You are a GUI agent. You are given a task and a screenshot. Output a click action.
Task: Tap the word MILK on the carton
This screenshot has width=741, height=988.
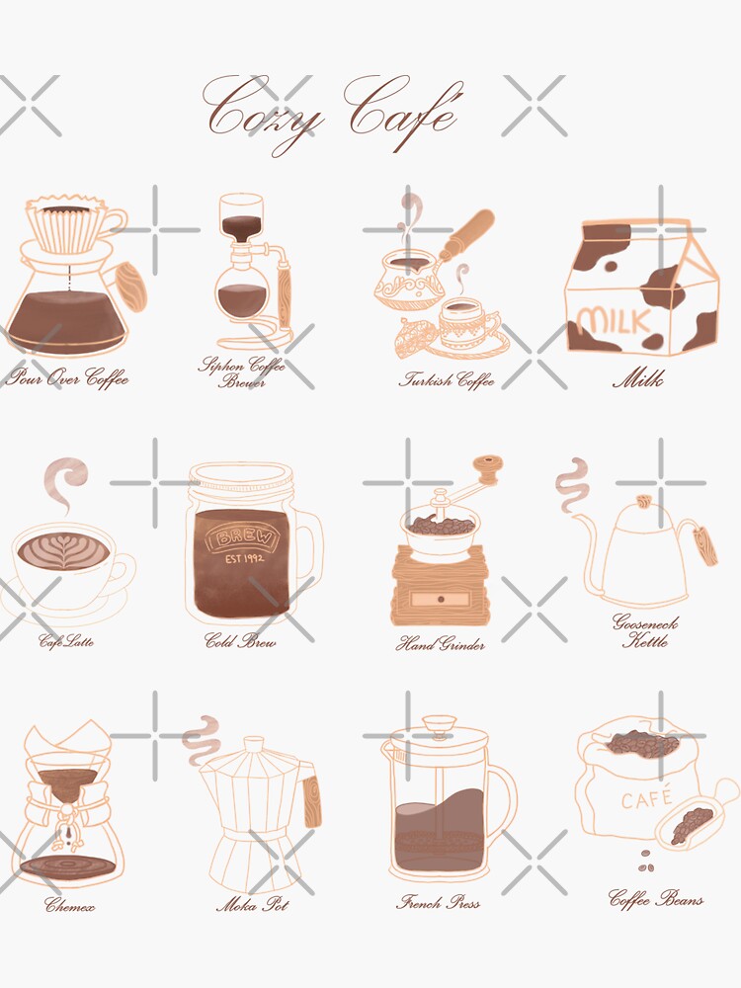[614, 322]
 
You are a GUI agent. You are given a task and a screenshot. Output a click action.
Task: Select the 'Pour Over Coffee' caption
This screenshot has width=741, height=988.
[67, 378]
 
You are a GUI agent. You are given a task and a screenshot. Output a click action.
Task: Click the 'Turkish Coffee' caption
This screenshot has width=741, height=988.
[447, 379]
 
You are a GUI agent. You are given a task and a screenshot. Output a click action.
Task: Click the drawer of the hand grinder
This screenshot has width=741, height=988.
[440, 600]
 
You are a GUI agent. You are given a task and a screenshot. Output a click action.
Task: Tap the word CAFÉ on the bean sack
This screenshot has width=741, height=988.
[647, 798]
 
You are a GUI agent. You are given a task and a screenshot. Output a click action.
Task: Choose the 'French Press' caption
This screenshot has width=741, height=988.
[439, 902]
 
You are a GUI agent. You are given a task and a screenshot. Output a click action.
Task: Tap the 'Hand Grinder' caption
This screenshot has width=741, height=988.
[441, 645]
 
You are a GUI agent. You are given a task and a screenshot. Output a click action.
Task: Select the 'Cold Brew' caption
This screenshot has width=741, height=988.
[240, 641]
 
